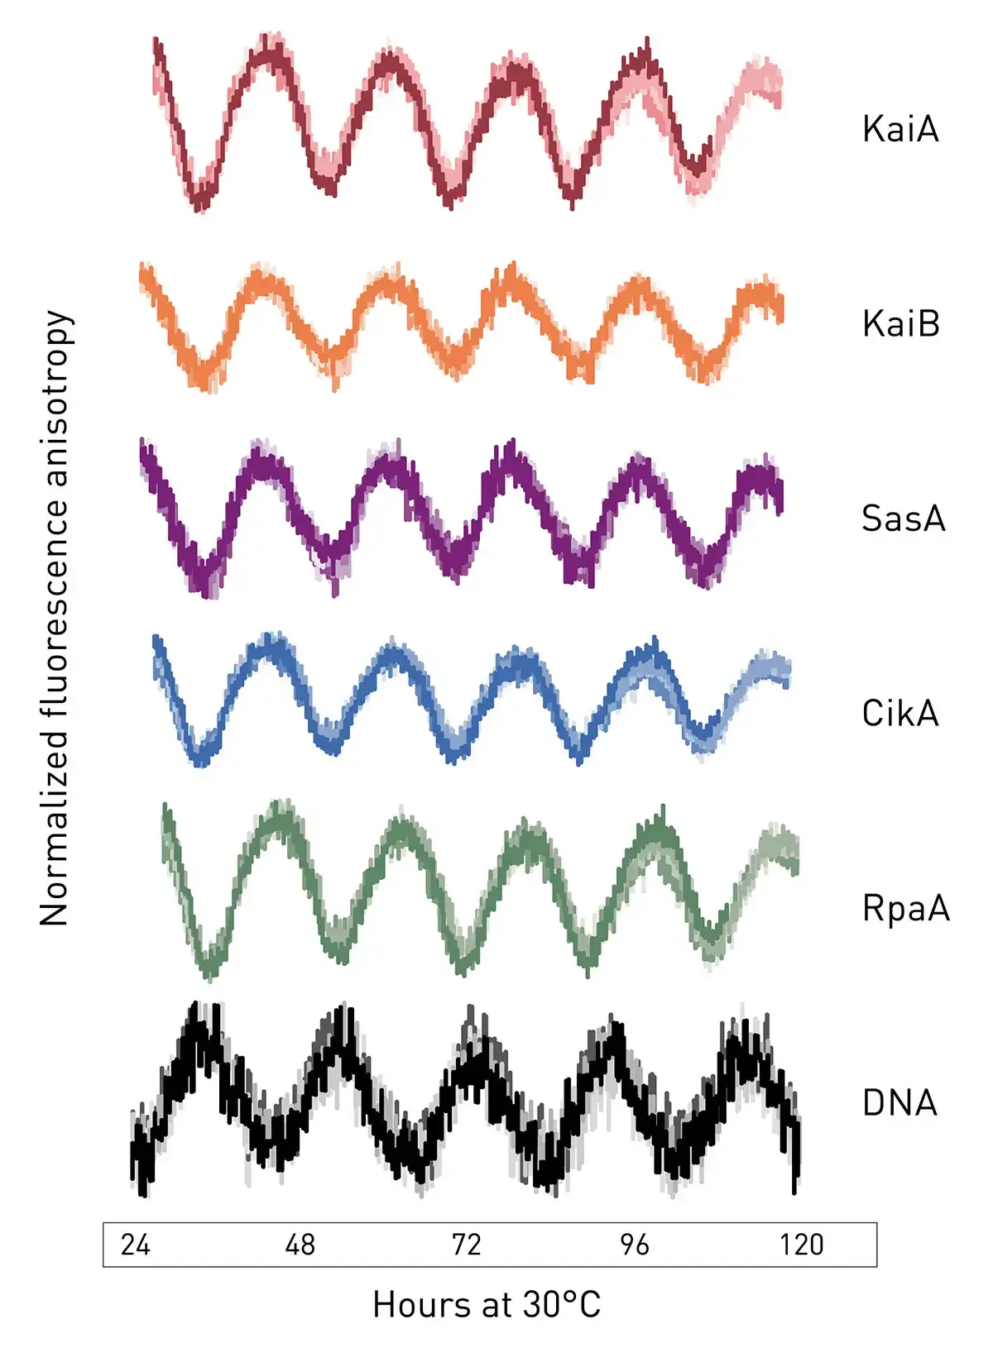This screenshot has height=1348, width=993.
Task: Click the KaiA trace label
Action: pyautogui.click(x=900, y=130)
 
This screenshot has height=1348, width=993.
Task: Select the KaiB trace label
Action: pyautogui.click(x=901, y=324)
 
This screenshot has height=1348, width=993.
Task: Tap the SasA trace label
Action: pyautogui.click(x=903, y=519)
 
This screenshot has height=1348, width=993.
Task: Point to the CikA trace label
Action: pyautogui.click(x=900, y=714)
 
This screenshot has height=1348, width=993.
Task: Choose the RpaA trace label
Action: pyautogui.click(x=905, y=908)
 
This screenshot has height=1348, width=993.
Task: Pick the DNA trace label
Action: pyautogui.click(x=899, y=1103)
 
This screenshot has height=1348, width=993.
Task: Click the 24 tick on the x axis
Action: pyautogui.click(x=136, y=1245)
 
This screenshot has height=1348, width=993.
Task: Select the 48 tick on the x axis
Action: pyautogui.click(x=300, y=1245)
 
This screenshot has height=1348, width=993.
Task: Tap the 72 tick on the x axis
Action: pyautogui.click(x=466, y=1245)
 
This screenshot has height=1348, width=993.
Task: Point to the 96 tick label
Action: pyautogui.click(x=634, y=1245)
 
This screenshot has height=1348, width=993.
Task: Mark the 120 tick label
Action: pyautogui.click(x=801, y=1245)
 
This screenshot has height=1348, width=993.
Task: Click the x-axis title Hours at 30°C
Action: pyautogui.click(x=487, y=1305)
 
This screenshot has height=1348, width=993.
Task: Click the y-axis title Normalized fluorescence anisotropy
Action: pyautogui.click(x=55, y=618)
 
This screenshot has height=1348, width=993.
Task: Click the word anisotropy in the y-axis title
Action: pyautogui.click(x=55, y=397)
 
